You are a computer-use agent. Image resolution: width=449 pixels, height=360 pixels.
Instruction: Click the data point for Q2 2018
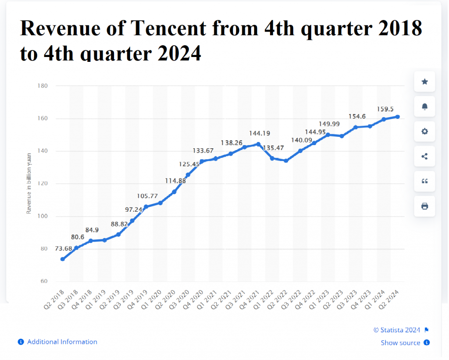pyautogui.click(x=63, y=259)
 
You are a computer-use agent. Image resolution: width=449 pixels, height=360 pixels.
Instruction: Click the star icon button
pyautogui.click(x=424, y=82)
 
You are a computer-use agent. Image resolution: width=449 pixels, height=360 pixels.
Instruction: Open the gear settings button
pyautogui.click(x=424, y=132)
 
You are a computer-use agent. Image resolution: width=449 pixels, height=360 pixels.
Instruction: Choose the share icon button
pyautogui.click(x=424, y=157)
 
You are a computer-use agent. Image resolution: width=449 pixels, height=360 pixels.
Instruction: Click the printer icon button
pyautogui.click(x=424, y=206)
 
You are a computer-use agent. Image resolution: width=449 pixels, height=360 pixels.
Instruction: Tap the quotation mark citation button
pyautogui.click(x=424, y=181)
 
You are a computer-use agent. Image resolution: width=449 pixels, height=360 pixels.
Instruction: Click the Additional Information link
pyautogui.click(x=62, y=342)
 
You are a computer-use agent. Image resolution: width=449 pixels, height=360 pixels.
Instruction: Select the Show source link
pyautogui.click(x=400, y=343)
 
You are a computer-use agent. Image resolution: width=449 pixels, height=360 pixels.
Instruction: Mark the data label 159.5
pyautogui.click(x=385, y=109)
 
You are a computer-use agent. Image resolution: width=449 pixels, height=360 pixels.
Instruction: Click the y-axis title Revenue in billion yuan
pyautogui.click(x=29, y=183)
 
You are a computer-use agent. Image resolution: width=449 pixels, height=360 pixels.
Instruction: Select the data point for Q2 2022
pyautogui.click(x=286, y=160)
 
